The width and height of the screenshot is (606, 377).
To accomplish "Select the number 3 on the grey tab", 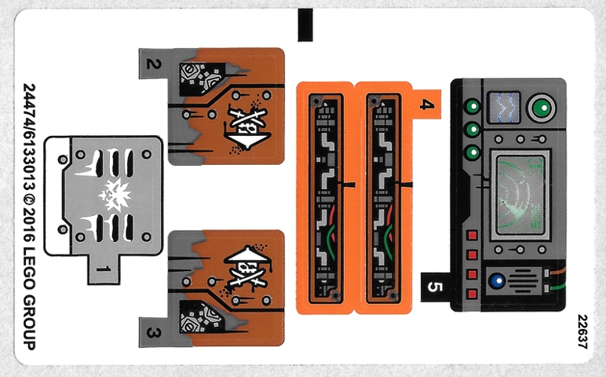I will click(154, 333).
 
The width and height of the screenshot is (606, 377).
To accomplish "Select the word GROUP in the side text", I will click(29, 324).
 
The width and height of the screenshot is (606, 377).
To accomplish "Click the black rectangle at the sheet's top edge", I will click(304, 24).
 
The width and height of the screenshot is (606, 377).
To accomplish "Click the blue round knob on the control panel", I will click(496, 279).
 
